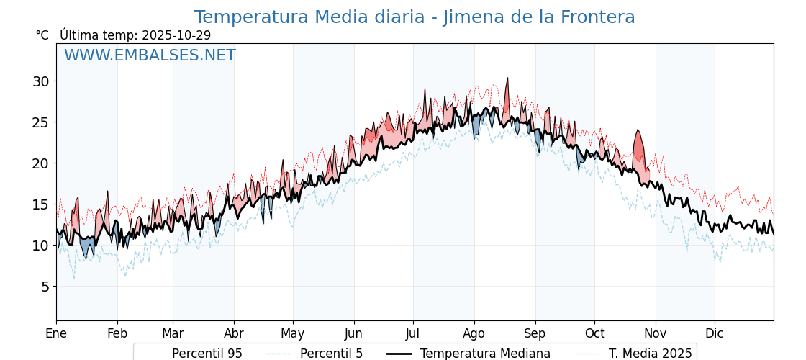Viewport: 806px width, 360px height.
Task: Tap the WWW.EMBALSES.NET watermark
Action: point(150,55)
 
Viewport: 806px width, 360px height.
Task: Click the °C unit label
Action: point(42,35)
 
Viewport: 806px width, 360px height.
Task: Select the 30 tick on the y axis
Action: point(40,81)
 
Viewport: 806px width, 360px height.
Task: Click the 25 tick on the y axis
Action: point(40,122)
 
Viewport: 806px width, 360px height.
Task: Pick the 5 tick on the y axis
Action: point(45,287)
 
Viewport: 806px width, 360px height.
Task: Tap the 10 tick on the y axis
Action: point(40,246)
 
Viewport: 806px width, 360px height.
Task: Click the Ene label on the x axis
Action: point(56,333)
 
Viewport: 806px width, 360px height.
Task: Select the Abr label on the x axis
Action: point(234,333)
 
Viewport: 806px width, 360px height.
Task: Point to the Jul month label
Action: point(413,333)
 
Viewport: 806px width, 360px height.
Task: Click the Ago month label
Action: point(474,333)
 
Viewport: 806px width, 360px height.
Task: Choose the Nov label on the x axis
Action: point(655,333)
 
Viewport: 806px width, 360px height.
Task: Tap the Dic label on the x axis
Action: point(715,333)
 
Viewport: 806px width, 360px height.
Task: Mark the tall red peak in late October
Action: point(638,131)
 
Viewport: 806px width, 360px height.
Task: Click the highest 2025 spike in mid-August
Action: point(507,78)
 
